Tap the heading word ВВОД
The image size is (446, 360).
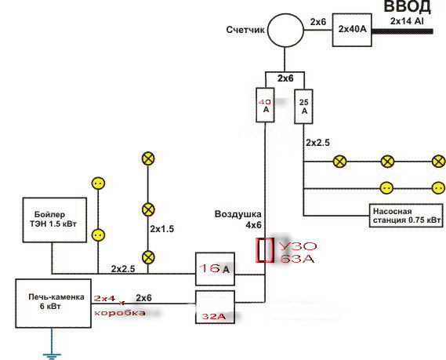click(x=408, y=7)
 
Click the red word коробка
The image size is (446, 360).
click(x=120, y=313)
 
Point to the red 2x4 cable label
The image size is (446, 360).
click(x=105, y=298)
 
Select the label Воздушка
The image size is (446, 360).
click(x=238, y=214)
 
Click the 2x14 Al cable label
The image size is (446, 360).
click(x=407, y=21)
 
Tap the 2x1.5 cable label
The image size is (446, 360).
click(x=161, y=229)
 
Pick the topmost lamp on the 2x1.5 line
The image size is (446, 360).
click(x=148, y=158)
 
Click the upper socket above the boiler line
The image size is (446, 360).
click(x=98, y=183)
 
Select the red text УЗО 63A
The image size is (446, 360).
click(x=298, y=252)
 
